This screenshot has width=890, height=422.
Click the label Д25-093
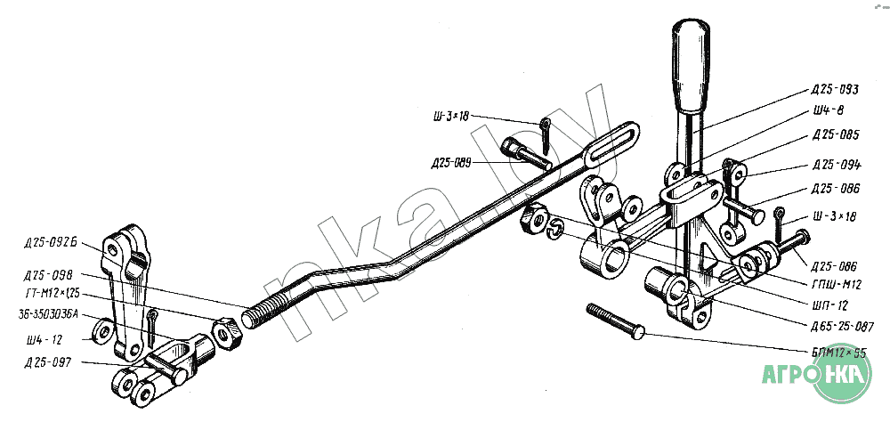coord(834,90)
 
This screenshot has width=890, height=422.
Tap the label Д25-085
coord(834,135)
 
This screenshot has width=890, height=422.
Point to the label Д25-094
coord(836,166)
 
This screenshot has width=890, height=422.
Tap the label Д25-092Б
coord(52,242)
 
